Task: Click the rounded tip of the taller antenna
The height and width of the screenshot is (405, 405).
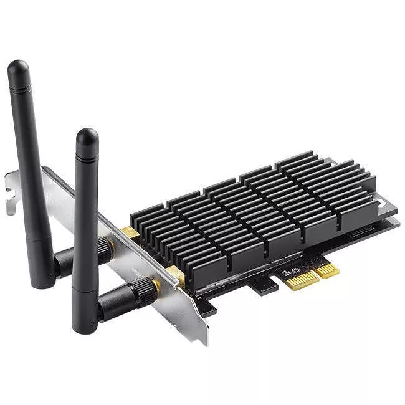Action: tap(18, 69)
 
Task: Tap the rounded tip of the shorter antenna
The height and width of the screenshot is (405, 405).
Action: tap(87, 136)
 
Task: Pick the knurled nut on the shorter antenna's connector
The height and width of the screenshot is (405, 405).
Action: tap(144, 288)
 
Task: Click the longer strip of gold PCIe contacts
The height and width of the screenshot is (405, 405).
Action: tap(302, 279)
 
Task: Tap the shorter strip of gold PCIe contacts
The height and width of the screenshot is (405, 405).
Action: tap(327, 269)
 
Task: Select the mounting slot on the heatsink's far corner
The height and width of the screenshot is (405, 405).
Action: tap(382, 201)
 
